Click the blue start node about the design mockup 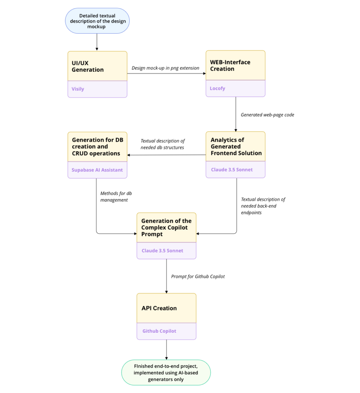(x=97, y=21)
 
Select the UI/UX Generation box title (x=88, y=66)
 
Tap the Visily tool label (x=78, y=89)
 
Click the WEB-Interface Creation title (x=230, y=66)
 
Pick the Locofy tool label (x=218, y=88)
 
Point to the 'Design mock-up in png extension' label (x=165, y=68)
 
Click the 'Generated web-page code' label (x=267, y=115)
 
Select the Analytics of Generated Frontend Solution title (x=236, y=146)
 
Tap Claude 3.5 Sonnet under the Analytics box (x=232, y=170)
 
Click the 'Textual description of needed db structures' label (x=162, y=144)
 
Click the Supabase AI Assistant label (x=97, y=170)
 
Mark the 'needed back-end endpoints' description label (x=263, y=206)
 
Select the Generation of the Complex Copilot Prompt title (x=166, y=228)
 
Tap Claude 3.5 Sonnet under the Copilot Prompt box (x=162, y=251)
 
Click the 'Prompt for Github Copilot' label (x=198, y=276)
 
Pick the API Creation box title (x=159, y=308)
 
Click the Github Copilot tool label (x=159, y=331)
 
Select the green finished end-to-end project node (x=166, y=373)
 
